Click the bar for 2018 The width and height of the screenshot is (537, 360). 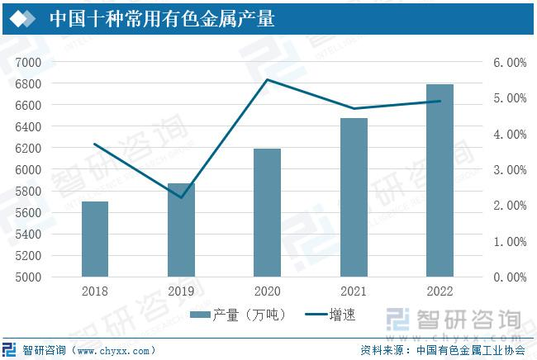point(95,239)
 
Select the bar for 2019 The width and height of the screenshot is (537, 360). point(181,230)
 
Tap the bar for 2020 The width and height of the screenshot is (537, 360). point(267,212)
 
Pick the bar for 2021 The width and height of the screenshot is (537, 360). point(354,197)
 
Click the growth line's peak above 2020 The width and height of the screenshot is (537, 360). point(267,79)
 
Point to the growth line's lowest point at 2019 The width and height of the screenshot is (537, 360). point(181,197)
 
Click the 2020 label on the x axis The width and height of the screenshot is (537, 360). point(267,291)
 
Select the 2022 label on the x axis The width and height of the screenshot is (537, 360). point(440,291)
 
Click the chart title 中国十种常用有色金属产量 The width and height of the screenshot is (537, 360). point(162,18)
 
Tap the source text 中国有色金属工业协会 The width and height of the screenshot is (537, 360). point(471,350)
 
